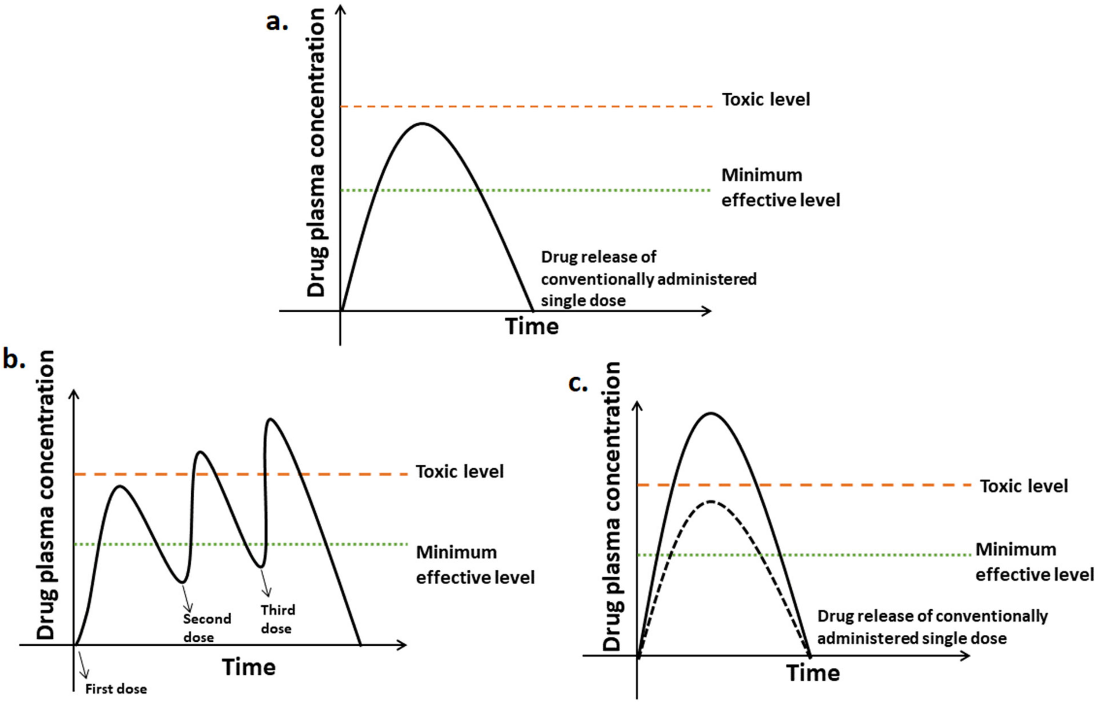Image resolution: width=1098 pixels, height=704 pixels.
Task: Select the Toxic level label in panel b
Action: click(x=459, y=472)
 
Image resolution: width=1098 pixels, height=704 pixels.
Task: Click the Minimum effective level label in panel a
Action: click(x=780, y=187)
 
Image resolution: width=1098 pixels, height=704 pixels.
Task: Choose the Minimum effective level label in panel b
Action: click(x=475, y=565)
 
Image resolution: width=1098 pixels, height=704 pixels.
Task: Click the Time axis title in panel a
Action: click(x=532, y=326)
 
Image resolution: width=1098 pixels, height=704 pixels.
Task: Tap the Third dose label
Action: click(x=278, y=619)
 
